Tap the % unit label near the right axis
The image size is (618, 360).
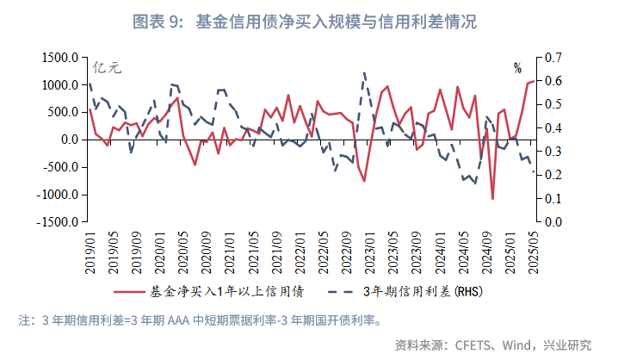[517, 67]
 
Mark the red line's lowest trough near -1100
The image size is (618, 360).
[492, 199]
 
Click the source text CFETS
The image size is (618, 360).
[464, 345]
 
